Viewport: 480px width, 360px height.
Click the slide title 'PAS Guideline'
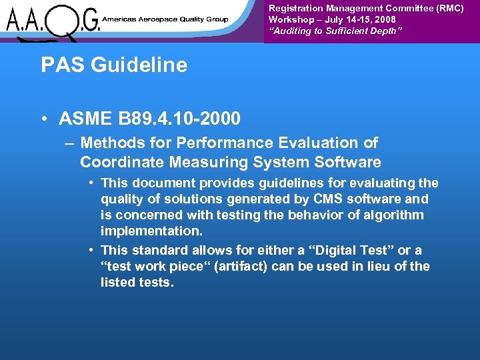(x=114, y=65)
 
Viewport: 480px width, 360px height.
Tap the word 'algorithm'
(x=393, y=215)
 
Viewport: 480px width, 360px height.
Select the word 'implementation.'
(x=152, y=231)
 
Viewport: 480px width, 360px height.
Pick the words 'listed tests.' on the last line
(x=137, y=283)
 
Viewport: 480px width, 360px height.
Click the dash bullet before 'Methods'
(x=69, y=143)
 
